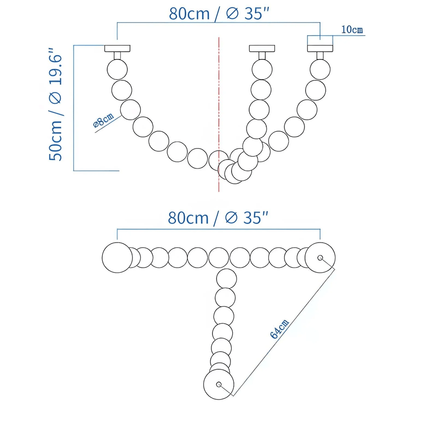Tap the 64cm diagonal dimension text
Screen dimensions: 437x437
click(x=280, y=329)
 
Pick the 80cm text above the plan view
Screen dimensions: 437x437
click(x=188, y=218)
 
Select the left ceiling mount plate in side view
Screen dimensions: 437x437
click(x=117, y=49)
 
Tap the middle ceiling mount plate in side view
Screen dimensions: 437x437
click(x=261, y=49)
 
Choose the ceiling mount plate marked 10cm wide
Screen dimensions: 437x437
click(x=320, y=49)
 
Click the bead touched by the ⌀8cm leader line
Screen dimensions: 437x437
click(x=130, y=110)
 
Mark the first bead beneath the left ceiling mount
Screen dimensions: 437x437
click(x=117, y=69)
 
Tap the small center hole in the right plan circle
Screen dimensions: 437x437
click(x=320, y=257)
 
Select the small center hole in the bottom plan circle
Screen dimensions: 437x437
click(x=219, y=384)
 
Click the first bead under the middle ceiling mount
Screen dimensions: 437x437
click(x=262, y=69)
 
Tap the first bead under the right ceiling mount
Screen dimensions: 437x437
click(x=320, y=69)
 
